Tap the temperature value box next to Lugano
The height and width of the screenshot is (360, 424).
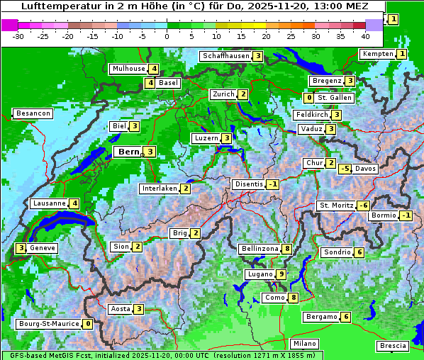coord(281,274)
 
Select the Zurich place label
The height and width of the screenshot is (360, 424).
coord(223,94)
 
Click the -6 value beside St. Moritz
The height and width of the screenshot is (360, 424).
coord(363,206)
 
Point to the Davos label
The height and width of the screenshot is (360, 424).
coord(365,169)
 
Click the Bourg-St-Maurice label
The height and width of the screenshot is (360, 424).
coord(48,324)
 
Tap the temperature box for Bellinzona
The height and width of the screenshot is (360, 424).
coord(286,249)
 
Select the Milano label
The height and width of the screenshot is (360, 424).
coord(305,344)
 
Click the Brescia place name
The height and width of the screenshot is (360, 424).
coord(393,346)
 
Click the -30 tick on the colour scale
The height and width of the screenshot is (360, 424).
coord(19,35)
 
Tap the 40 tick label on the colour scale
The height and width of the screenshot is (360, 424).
coord(365,35)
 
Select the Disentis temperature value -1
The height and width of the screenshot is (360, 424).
coord(273,184)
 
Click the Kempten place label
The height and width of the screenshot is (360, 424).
coord(377,54)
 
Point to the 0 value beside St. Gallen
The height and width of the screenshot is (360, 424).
coord(308,98)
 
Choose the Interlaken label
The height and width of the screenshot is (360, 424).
coord(159,189)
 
